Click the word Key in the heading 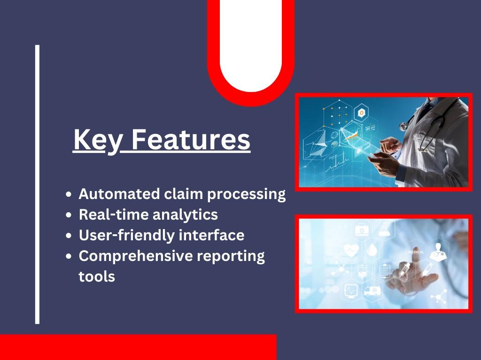coord(98,140)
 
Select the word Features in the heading coord(191,139)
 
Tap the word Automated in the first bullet coord(119,194)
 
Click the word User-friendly coord(127,236)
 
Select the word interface coord(211,235)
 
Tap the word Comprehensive coord(136,256)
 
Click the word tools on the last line coord(97,276)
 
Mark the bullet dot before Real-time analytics coord(69,214)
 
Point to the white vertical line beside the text coord(38,184)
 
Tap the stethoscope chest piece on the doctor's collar coord(403,126)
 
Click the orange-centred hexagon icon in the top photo coord(362,113)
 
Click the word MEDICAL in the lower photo coord(416,252)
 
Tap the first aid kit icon coord(362,230)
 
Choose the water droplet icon coord(372,249)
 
